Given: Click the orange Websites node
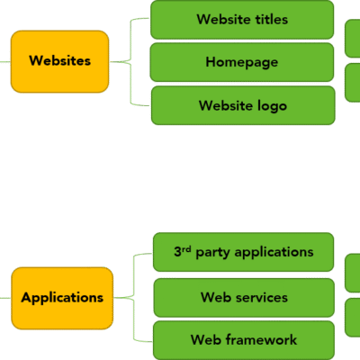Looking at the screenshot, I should [x=60, y=61].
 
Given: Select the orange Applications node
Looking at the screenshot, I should [x=62, y=297].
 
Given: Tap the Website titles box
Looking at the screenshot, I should [x=242, y=19].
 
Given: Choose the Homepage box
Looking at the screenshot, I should [x=242, y=62].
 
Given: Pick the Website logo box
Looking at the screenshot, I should [x=242, y=105].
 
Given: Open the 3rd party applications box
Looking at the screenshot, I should [x=243, y=252].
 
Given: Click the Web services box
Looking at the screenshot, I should [x=243, y=297].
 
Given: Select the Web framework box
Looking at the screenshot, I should [x=243, y=339].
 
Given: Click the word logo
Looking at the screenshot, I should [x=270, y=105].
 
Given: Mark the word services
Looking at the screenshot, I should [x=259, y=297].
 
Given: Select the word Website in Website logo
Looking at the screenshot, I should [x=225, y=105].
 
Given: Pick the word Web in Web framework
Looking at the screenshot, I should [x=204, y=339].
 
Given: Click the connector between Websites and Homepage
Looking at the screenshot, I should [x=131, y=62].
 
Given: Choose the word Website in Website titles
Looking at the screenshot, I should [x=224, y=19].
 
